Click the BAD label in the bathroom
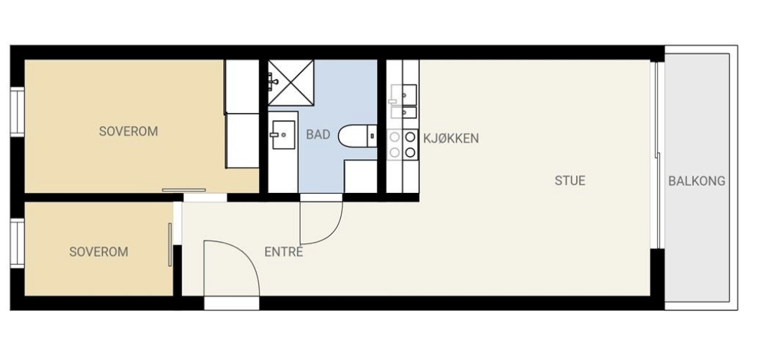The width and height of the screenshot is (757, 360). tap(318, 135)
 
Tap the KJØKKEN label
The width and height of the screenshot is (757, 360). tap(450, 138)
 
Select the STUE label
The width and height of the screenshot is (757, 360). tap(570, 180)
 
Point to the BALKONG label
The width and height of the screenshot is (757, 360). tap(697, 181)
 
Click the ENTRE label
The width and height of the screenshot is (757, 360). tap(284, 252)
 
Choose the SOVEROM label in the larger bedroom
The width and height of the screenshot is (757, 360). tap(128, 132)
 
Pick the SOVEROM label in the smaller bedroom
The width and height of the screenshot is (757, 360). tap(99, 252)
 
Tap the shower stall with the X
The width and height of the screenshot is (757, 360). tap(291, 84)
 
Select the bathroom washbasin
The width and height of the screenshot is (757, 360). tap(282, 134)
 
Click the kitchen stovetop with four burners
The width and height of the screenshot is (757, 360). tap(402, 143)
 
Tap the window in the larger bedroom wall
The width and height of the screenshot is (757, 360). tap(17, 111)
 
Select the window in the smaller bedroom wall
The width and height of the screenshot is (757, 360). tap(17, 243)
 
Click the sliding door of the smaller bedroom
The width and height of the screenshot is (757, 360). tap(171, 245)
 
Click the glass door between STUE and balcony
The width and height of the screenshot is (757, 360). tap(656, 155)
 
